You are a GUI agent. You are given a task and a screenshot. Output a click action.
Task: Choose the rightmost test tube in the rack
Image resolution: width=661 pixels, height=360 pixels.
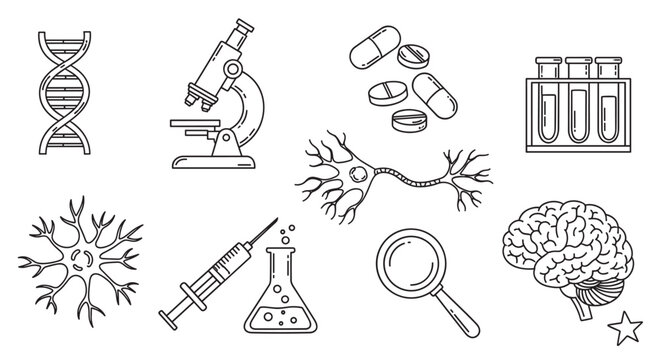point(605,98)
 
